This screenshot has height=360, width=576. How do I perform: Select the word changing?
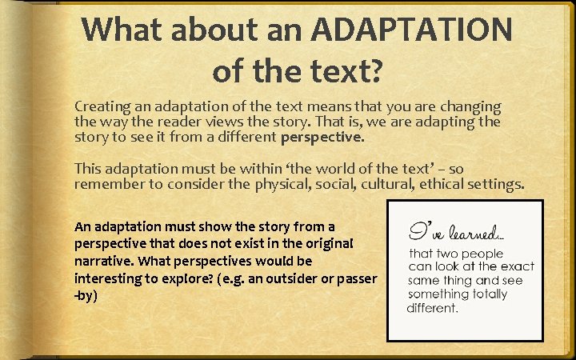click(x=470, y=106)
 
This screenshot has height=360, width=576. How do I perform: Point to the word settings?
click(x=495, y=184)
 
